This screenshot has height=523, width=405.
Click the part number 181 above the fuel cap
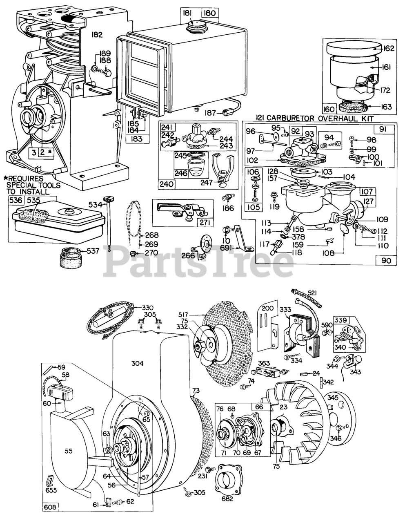click(x=187, y=13)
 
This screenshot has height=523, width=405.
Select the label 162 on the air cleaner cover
click(x=388, y=49)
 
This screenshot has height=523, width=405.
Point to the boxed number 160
click(x=329, y=109)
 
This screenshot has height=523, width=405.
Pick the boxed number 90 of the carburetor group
click(x=386, y=261)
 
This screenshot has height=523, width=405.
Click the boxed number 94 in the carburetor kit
click(x=329, y=138)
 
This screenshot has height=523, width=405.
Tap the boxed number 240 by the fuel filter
click(x=167, y=184)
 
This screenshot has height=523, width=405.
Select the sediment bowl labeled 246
click(x=195, y=168)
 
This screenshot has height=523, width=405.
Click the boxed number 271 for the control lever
click(x=205, y=223)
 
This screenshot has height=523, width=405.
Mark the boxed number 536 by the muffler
click(x=16, y=200)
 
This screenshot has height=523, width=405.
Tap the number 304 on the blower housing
click(x=137, y=363)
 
